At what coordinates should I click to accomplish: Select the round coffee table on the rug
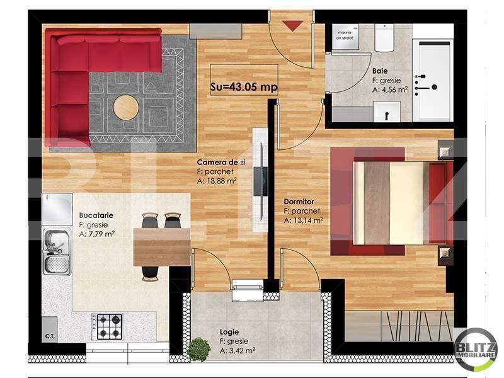point(126,107)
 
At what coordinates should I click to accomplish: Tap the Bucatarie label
point(96,215)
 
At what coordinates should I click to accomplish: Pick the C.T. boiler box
point(50,336)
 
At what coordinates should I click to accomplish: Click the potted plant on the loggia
point(199,349)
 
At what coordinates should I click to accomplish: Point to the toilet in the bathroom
point(384,38)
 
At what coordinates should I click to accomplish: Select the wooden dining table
point(162,246)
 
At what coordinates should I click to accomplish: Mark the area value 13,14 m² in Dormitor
point(303,220)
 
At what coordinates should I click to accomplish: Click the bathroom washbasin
point(384,112)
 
